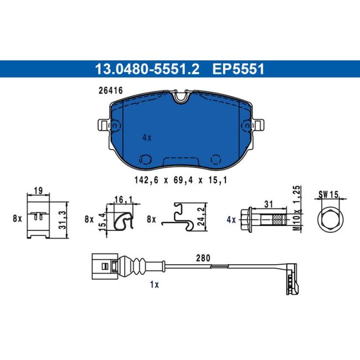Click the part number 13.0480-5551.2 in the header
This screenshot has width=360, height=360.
click(x=147, y=69)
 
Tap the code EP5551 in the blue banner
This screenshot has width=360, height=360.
click(x=238, y=69)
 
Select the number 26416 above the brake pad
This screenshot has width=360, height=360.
click(x=111, y=90)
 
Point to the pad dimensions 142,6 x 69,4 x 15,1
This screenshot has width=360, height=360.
click(x=181, y=180)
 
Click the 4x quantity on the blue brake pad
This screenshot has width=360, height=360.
click(x=147, y=138)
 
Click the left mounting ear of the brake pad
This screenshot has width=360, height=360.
click(x=104, y=125)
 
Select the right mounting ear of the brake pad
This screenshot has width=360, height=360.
click(x=258, y=125)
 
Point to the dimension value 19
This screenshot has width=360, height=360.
click(x=38, y=191)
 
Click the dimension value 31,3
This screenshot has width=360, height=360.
click(x=62, y=220)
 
